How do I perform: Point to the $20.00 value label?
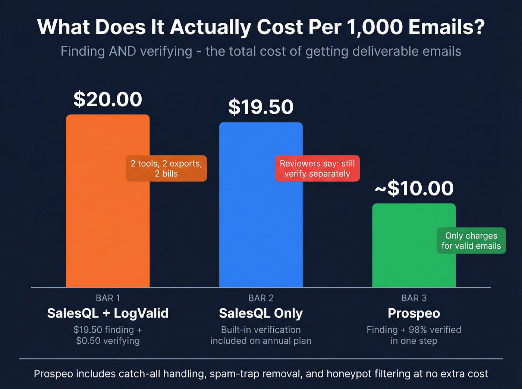pyautogui.click(x=108, y=99)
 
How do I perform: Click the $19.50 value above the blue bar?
pyautogui.click(x=261, y=107)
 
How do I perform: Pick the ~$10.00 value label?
pyautogui.click(x=414, y=188)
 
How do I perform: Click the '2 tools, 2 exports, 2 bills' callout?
pyautogui.click(x=166, y=169)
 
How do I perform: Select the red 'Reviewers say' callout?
pyautogui.click(x=317, y=169)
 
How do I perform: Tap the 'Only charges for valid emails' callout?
pyautogui.click(x=471, y=241)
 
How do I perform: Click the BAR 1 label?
pyautogui.click(x=108, y=298)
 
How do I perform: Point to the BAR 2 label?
pyautogui.click(x=261, y=298)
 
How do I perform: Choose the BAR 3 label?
pyautogui.click(x=414, y=298)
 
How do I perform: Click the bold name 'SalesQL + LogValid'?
pyautogui.click(x=108, y=313)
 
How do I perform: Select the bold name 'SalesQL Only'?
pyautogui.click(x=261, y=313)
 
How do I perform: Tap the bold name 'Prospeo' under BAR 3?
pyautogui.click(x=414, y=313)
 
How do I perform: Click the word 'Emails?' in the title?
pyautogui.click(x=446, y=28)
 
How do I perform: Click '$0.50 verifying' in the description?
pyautogui.click(x=108, y=341)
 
